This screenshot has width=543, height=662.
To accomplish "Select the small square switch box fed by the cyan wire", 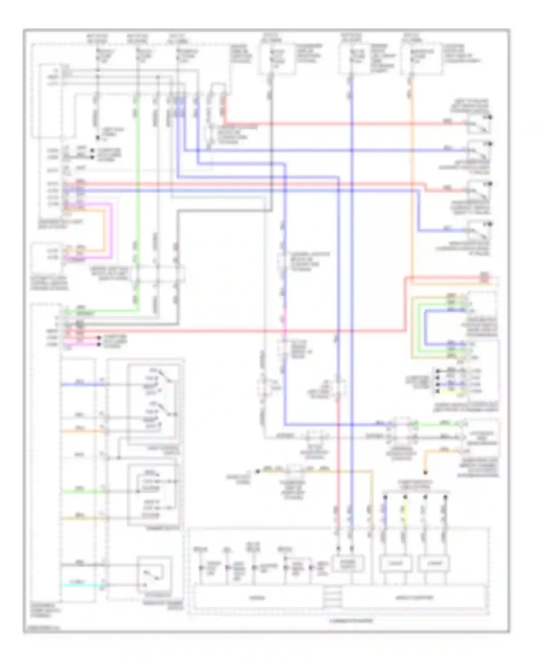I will point(154,575).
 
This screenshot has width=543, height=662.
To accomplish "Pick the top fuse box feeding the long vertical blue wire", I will point(354,59).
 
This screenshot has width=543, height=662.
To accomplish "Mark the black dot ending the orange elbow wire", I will point(425,473).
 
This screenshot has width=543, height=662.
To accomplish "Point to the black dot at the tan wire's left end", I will point(258,472).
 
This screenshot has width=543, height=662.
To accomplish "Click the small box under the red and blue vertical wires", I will point(348,563).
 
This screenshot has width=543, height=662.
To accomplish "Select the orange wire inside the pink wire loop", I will point(105,232).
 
